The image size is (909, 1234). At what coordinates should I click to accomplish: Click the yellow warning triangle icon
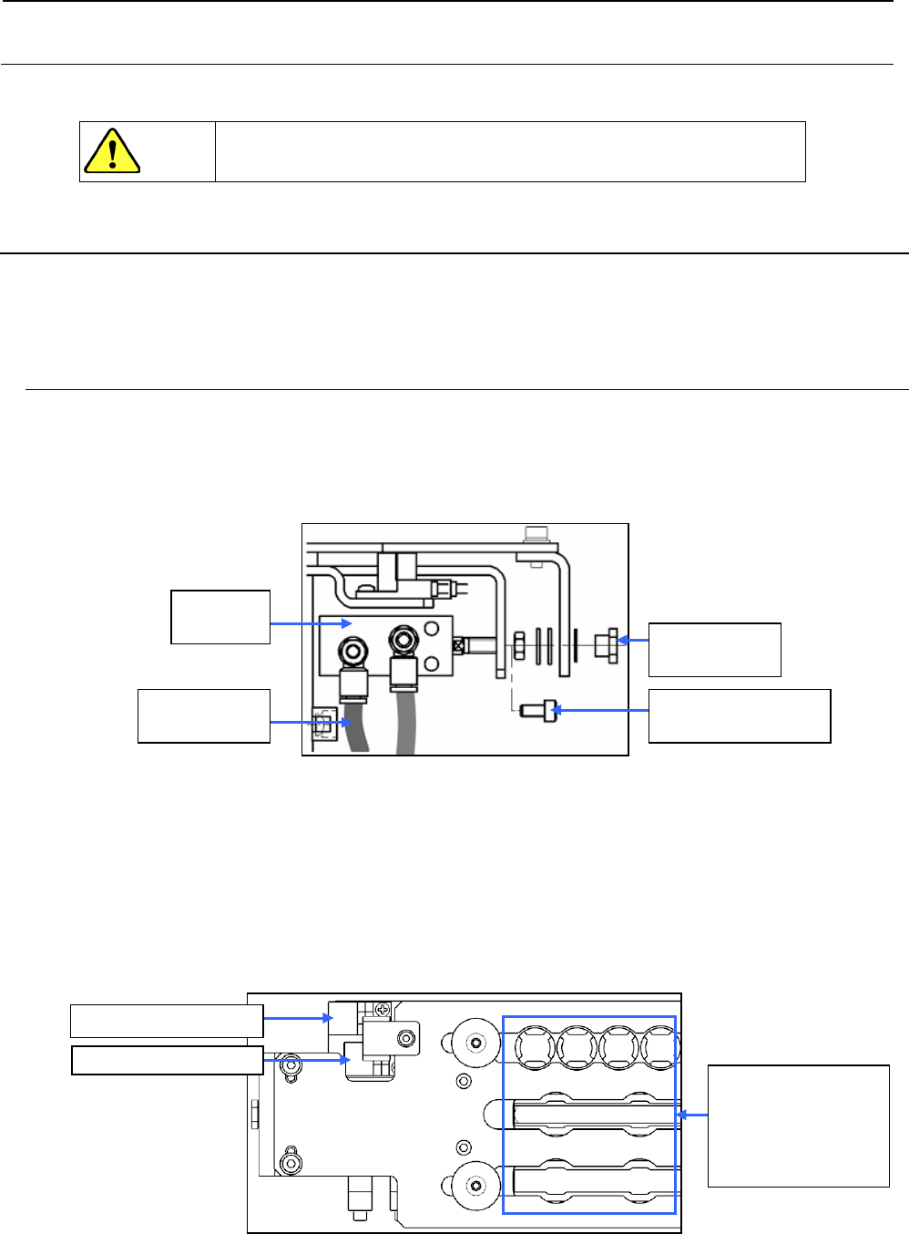click(111, 151)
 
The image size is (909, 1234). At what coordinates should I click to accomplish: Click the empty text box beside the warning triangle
click(510, 151)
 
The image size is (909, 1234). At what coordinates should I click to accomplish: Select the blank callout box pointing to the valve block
click(220, 617)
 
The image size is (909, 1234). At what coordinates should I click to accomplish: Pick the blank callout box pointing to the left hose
click(204, 716)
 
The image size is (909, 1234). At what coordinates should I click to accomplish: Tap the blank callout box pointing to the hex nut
click(714, 649)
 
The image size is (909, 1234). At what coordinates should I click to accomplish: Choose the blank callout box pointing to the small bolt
click(739, 716)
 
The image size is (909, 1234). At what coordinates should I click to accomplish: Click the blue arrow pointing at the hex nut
click(634, 640)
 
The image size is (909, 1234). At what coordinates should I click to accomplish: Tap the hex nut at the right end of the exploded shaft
click(607, 645)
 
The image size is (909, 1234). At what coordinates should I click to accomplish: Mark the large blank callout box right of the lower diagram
click(798, 1126)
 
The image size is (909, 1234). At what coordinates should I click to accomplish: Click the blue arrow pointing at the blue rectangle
click(692, 1114)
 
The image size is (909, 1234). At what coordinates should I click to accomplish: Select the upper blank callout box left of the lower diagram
click(167, 1021)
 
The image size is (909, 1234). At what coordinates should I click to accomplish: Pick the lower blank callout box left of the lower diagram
click(168, 1060)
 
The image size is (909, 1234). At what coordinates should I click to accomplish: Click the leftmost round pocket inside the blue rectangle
click(535, 1048)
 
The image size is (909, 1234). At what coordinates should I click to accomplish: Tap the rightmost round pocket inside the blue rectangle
click(660, 1048)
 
